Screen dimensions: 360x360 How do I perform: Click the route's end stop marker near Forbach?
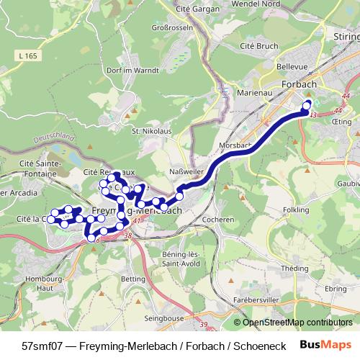tap(307, 104)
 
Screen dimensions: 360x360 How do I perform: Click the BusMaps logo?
tap(326, 345)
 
